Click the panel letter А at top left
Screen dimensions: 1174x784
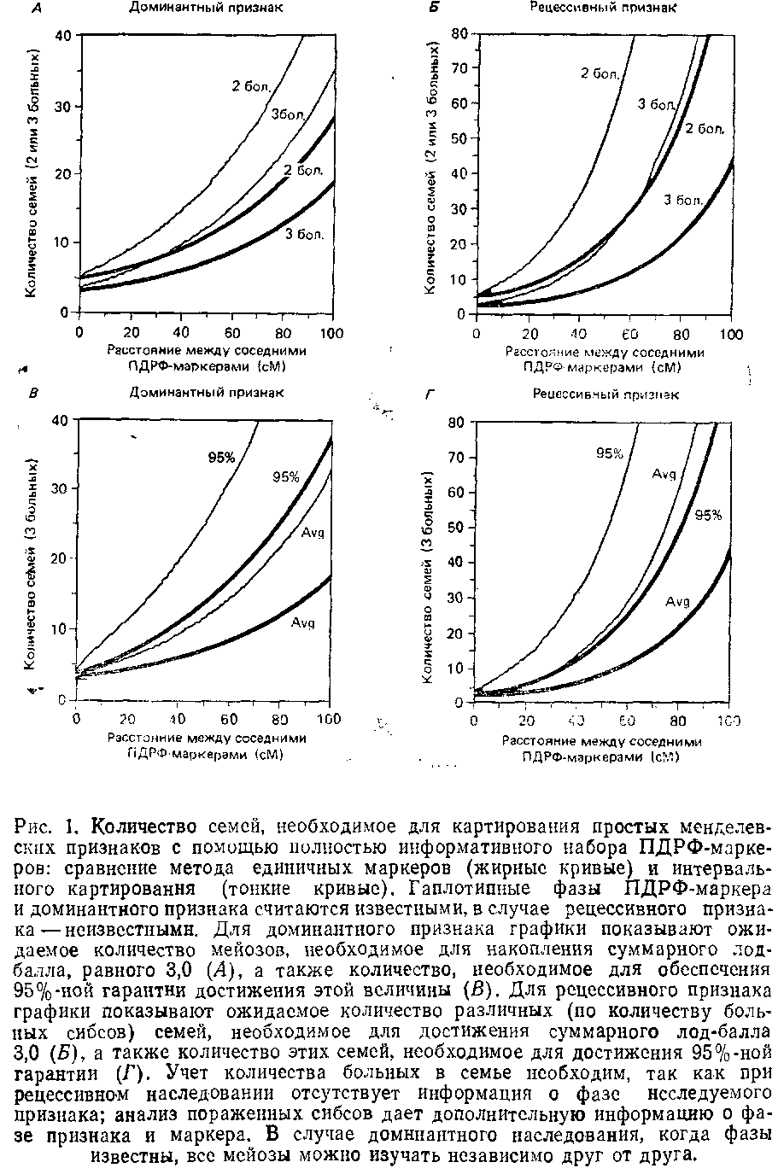37,9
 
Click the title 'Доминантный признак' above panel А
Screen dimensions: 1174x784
206,8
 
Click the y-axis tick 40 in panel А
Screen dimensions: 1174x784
62,36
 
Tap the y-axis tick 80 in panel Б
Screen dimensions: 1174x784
459,33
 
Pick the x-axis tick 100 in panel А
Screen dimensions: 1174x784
331,332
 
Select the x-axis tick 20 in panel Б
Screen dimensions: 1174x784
529,334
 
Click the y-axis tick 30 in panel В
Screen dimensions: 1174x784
61,488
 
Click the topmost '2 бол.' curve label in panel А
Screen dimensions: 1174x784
250,85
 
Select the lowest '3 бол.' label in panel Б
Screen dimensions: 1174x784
683,201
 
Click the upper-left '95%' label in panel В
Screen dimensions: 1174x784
221,458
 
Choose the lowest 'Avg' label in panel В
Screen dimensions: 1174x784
303,622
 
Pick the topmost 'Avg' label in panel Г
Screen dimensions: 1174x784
664,473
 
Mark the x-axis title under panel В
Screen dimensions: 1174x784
206,746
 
